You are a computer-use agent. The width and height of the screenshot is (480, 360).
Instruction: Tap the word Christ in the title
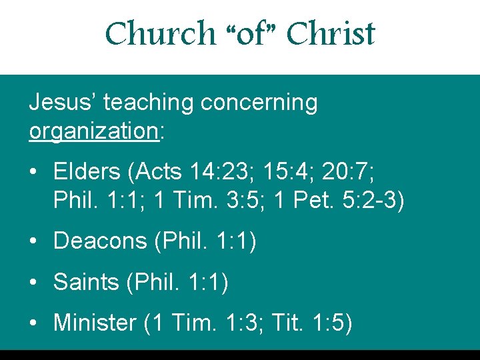(331, 34)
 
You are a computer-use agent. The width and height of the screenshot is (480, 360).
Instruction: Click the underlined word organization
(93, 131)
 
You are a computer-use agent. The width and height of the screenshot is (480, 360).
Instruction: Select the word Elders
(86, 171)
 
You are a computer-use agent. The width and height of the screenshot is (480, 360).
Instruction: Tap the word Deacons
(101, 241)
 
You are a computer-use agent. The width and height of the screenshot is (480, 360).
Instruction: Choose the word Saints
(86, 282)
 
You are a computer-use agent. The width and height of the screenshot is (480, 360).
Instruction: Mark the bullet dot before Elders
(33, 173)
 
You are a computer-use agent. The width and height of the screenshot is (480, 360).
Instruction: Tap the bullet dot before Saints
(33, 283)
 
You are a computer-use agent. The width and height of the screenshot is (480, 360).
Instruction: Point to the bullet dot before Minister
(33, 324)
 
